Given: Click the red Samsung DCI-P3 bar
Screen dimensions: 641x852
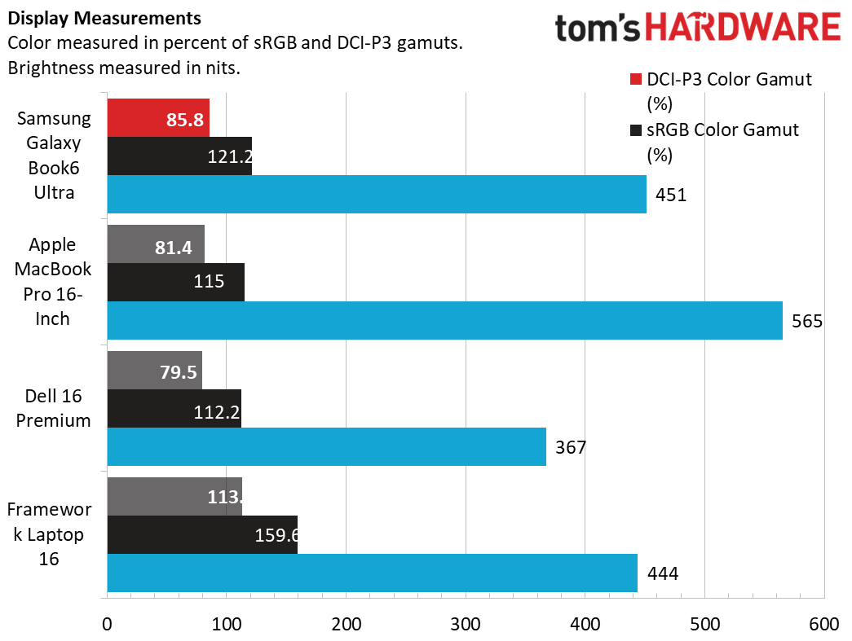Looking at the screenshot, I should tap(157, 117).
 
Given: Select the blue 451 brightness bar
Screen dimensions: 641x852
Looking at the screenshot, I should tap(376, 194).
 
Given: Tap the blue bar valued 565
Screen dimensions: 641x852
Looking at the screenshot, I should tap(444, 320).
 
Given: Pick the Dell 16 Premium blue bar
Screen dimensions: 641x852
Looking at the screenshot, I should tap(326, 446).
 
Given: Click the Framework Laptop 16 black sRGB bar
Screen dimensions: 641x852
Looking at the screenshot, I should tap(201, 534).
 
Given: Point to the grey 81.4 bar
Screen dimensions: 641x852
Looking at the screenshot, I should tap(155, 244).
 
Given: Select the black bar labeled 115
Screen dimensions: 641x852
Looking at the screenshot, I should tap(175, 283).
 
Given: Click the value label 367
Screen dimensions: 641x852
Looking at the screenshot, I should tap(571, 447).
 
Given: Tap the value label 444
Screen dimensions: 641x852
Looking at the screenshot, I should tap(662, 573).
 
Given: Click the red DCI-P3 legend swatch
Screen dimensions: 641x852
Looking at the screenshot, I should tap(636, 80).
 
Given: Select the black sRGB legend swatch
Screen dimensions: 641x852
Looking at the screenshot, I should tap(636, 130).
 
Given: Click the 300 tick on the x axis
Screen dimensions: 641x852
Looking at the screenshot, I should tap(465, 624).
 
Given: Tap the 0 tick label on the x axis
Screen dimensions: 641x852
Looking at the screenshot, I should tap(107, 624).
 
